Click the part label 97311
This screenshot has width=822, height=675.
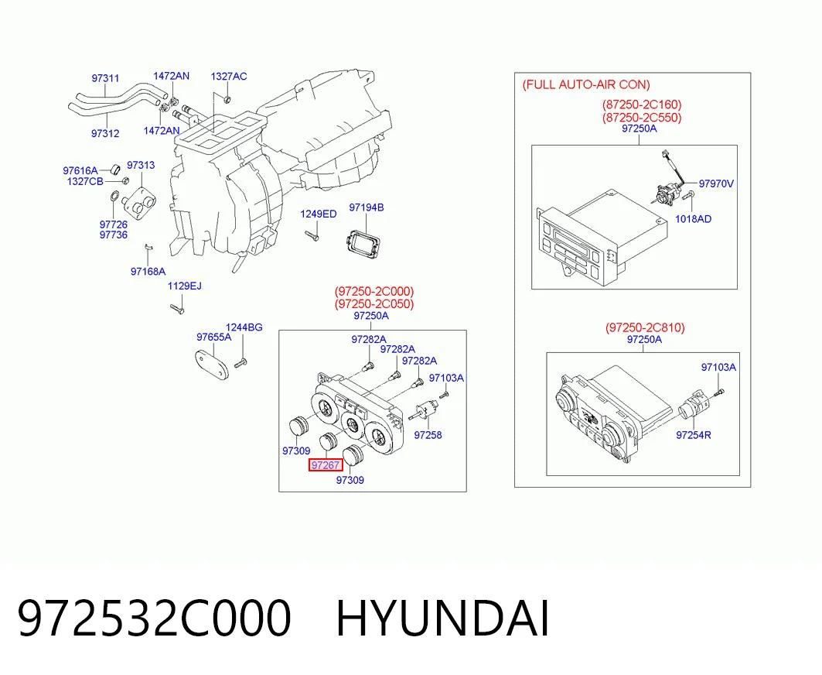[105, 78]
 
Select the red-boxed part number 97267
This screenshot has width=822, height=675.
[326, 465]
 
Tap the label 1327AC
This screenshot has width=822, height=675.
[229, 77]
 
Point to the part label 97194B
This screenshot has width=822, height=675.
[367, 207]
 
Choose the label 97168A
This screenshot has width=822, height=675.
[148, 272]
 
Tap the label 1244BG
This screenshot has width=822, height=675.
[244, 327]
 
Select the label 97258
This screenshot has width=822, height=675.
[428, 434]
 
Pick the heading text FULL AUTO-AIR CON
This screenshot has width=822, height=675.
[586, 84]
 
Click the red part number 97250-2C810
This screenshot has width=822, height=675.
[645, 327]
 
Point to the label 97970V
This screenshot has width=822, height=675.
[716, 183]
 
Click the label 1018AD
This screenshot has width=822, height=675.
[693, 219]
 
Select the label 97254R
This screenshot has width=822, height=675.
[694, 434]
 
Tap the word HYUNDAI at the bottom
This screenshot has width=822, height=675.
[442, 618]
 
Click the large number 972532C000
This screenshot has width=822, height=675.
[154, 618]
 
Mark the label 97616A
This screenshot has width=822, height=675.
[80, 170]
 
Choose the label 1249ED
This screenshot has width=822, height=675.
[319, 214]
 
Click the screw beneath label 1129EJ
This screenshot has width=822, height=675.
[177, 309]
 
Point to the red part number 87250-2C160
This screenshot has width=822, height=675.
[642, 105]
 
